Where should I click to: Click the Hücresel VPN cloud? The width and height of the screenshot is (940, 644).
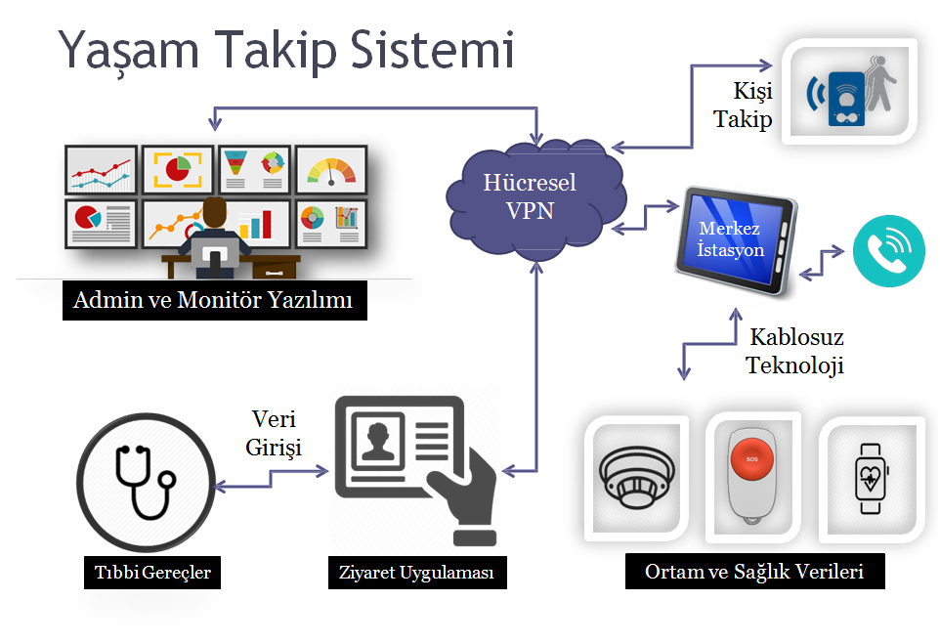pyautogui.click(x=529, y=197)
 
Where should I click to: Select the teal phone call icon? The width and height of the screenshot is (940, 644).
pyautogui.click(x=888, y=249)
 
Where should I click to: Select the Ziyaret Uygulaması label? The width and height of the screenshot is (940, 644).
pyautogui.click(x=417, y=572)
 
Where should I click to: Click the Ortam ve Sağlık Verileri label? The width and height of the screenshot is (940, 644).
pyautogui.click(x=754, y=571)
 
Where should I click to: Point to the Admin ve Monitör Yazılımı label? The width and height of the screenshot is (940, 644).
pyautogui.click(x=212, y=301)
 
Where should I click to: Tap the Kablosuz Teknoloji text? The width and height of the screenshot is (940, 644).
pyautogui.click(x=795, y=352)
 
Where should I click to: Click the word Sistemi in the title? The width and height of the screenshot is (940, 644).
pyautogui.click(x=435, y=51)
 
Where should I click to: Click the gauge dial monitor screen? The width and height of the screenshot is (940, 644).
pyautogui.click(x=331, y=169)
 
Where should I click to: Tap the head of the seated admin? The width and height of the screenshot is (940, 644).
pyautogui.click(x=214, y=211)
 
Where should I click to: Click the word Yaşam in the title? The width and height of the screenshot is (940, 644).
pyautogui.click(x=124, y=51)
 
